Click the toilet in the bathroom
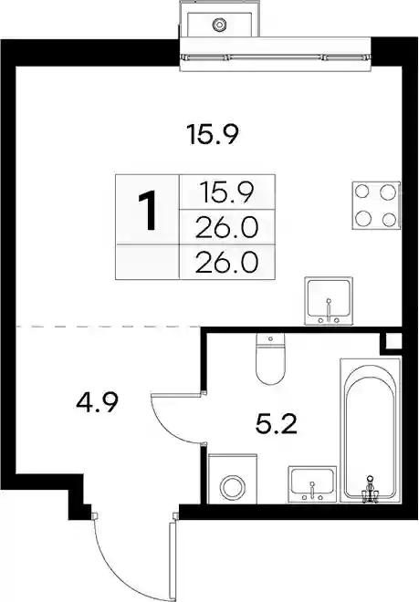270,358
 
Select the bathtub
371,431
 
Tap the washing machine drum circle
232,487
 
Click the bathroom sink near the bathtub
312,483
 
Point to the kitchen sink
329,301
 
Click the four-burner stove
376,205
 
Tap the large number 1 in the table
147,211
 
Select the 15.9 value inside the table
226,192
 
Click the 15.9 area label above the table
213,134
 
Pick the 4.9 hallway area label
97,402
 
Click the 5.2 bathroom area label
276,424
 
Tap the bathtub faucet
371,489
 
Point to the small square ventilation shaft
393,341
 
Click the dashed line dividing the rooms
108,327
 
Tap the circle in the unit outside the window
219,25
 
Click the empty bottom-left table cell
147,262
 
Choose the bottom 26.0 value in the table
226,262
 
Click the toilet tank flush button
270,338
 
